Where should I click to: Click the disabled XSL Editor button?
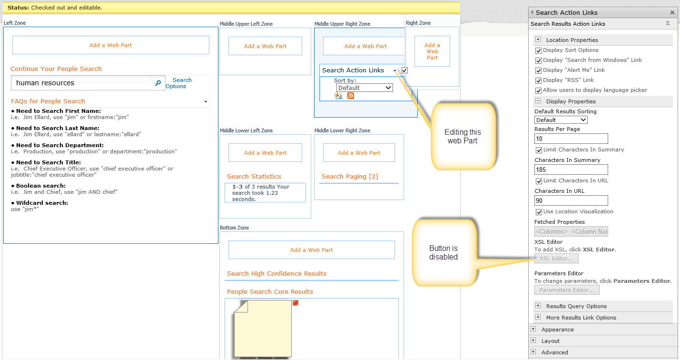click(556, 259)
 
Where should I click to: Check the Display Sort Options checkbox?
click(538, 50)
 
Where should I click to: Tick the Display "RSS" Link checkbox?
click(538, 80)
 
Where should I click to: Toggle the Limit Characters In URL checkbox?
click(539, 181)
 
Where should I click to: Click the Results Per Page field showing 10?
click(571, 139)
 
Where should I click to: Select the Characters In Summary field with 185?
click(571, 170)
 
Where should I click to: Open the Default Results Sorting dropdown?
click(561, 120)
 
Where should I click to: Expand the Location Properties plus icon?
click(538, 40)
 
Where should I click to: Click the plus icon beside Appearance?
click(533, 329)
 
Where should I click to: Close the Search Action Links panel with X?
click(672, 12)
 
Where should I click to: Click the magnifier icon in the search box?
click(158, 83)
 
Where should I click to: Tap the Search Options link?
click(179, 83)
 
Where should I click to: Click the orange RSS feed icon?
click(351, 96)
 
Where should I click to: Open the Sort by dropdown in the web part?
click(365, 88)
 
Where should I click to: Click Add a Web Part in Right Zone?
click(432, 51)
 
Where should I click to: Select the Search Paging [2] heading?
click(350, 177)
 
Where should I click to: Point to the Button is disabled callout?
click(443, 252)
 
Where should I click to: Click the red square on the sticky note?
click(296, 303)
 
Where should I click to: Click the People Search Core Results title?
click(270, 291)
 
